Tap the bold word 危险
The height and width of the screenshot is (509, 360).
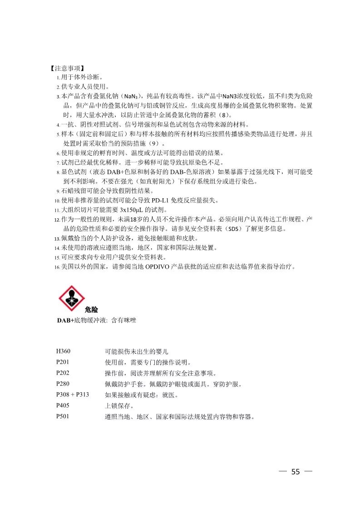click(91, 310)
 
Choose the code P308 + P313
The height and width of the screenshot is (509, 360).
click(73, 395)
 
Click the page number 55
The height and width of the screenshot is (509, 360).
click(296, 472)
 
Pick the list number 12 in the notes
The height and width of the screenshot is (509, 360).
click(57, 220)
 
